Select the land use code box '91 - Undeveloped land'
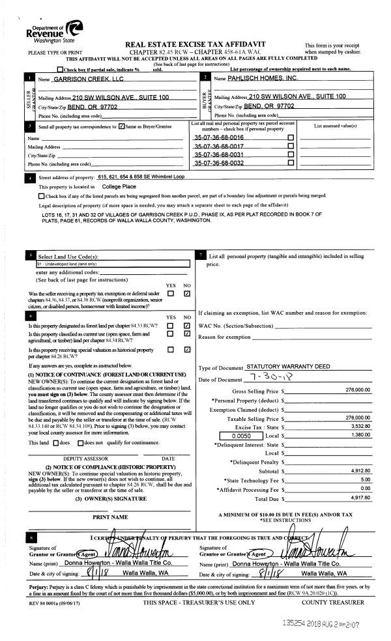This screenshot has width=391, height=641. click(112, 264)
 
